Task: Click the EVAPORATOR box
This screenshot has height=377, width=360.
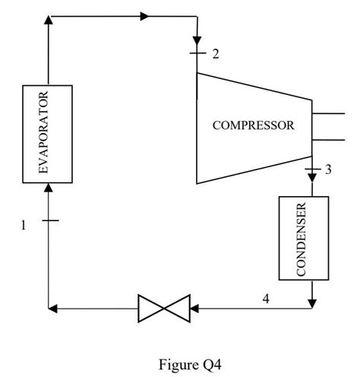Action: pos(49,134)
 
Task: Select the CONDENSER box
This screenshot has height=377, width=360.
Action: pos(304,239)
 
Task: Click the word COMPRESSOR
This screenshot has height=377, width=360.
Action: pos(253,126)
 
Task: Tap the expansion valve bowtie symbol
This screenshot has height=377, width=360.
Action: pos(163,308)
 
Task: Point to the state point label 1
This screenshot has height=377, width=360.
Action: pos(24,225)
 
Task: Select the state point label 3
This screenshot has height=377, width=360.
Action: pos(327,169)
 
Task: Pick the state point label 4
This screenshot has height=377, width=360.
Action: pos(265,299)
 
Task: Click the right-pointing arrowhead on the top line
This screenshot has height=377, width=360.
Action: pos(145,15)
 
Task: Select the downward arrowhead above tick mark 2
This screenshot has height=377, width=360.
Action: pos(197,40)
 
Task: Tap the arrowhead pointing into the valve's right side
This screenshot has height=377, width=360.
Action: pos(194,308)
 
